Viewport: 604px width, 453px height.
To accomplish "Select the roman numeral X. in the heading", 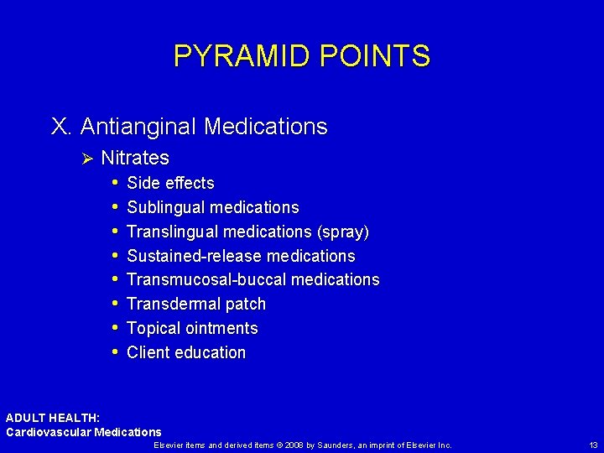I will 62,127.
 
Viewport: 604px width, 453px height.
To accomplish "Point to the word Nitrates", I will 135,158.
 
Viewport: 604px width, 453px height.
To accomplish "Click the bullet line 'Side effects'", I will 170,183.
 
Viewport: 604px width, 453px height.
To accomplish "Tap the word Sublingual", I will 166,207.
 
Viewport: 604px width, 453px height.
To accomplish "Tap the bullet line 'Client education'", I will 186,352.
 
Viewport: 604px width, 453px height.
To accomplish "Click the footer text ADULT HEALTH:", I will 53,418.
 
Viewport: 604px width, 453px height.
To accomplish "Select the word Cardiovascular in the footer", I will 47,432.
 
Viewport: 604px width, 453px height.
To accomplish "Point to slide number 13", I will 593,445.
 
